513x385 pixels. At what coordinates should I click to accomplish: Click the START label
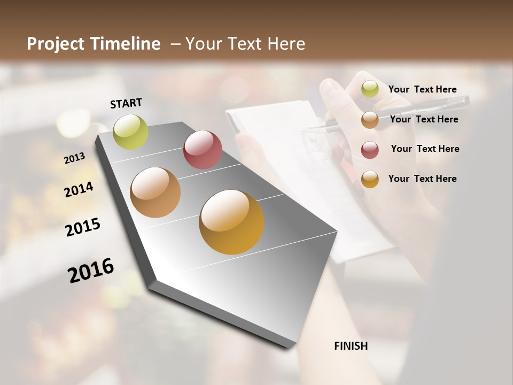(x=126, y=103)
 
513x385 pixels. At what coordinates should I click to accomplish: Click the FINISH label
(x=351, y=346)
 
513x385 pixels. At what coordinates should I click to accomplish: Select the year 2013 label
(x=74, y=158)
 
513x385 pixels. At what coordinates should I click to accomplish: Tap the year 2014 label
(x=79, y=189)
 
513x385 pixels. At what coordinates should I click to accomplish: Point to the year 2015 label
(x=83, y=227)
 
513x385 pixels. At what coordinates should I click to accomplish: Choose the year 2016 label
(x=91, y=270)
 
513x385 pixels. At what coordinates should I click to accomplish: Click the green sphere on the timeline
(x=130, y=132)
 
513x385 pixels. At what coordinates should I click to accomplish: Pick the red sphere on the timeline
(x=203, y=150)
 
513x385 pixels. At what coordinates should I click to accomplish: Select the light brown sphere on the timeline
(x=155, y=192)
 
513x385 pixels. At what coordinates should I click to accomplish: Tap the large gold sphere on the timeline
(x=231, y=222)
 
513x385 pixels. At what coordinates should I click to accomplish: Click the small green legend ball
(x=370, y=89)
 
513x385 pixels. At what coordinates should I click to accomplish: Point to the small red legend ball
(x=370, y=150)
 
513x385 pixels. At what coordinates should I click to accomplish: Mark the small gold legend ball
(x=370, y=179)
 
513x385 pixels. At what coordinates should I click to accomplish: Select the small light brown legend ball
(x=370, y=120)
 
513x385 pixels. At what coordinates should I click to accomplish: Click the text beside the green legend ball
(x=422, y=90)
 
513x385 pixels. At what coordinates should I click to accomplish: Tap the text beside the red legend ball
(x=425, y=149)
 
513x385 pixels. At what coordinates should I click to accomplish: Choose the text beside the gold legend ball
(x=422, y=179)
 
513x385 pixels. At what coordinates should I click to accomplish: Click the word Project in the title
(x=56, y=44)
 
